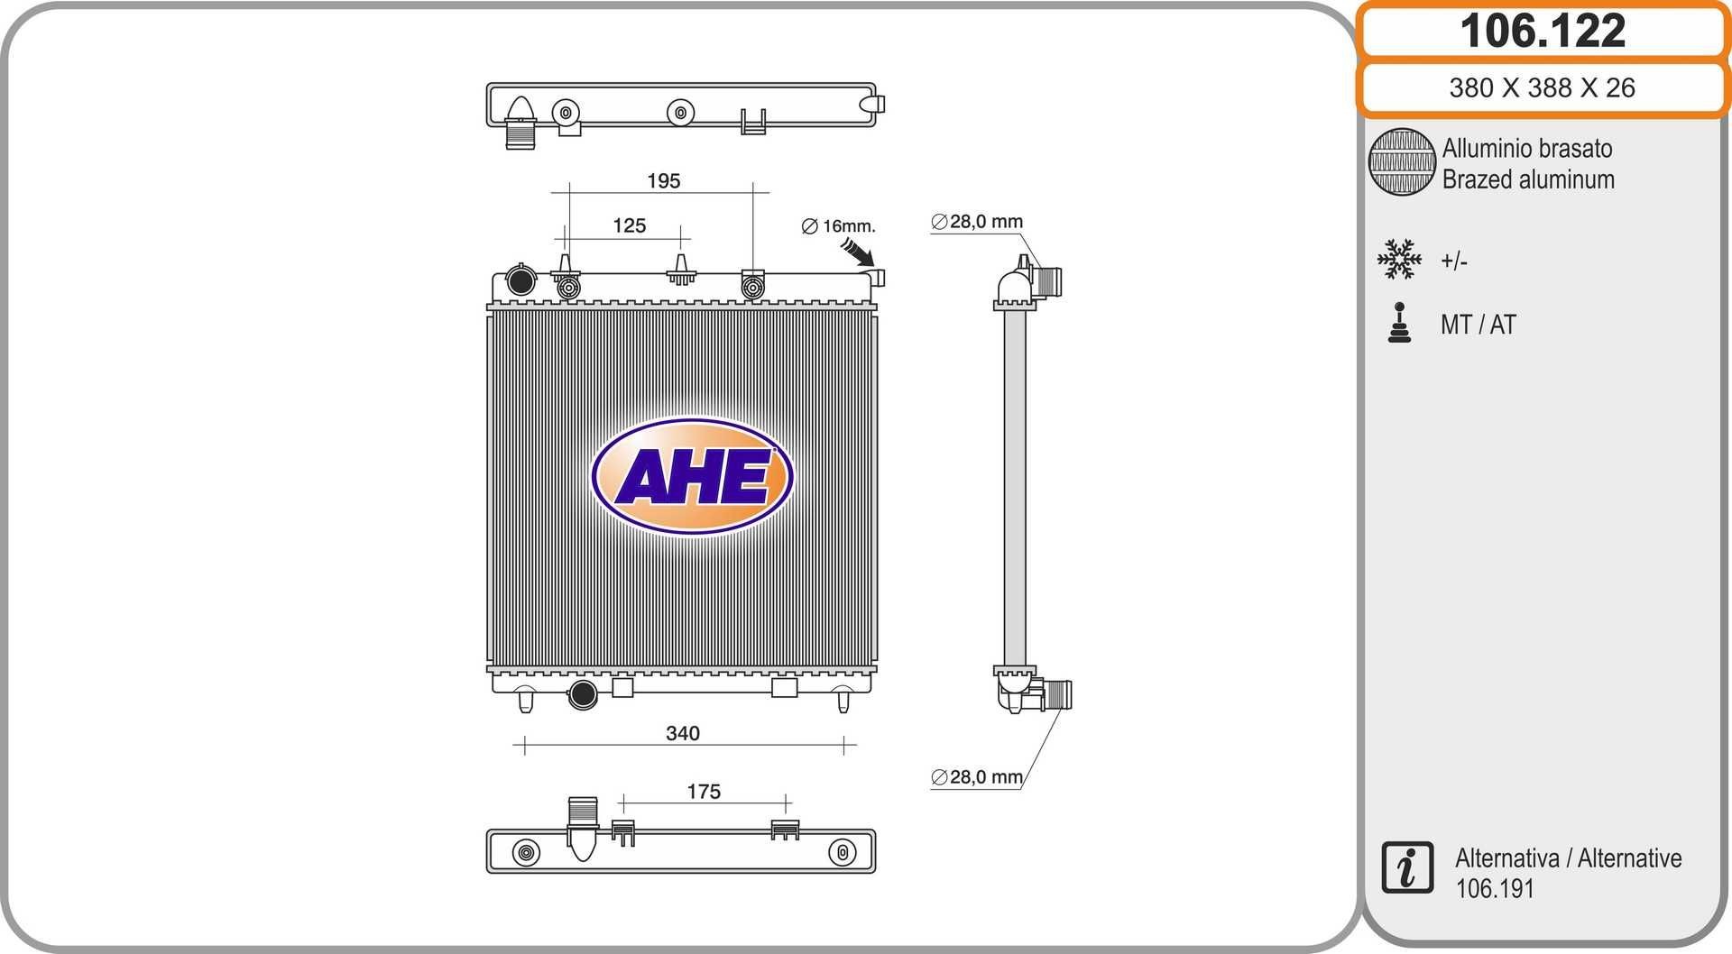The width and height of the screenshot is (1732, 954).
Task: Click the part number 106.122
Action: (1542, 31)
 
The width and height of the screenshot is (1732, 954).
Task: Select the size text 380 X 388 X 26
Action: (1542, 87)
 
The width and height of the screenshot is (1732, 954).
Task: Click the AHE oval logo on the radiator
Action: (692, 476)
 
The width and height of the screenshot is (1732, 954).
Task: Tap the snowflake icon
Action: (1398, 260)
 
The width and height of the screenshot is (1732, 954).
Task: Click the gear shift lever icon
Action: (1399, 323)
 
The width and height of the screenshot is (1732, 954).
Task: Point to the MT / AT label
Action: (1478, 325)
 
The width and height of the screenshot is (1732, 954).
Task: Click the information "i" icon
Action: (1406, 867)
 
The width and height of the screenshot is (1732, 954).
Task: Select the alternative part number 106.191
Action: (1494, 889)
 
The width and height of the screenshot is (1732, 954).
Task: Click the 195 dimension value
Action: (663, 181)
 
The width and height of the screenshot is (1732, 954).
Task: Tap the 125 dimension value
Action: (629, 225)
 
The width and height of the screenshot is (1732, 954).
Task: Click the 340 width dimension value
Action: (682, 734)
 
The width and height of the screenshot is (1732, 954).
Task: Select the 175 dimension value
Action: (703, 792)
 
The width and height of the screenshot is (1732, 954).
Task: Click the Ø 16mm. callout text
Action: (838, 225)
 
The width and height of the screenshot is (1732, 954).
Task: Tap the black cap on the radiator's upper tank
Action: (521, 280)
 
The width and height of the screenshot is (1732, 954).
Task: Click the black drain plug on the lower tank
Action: (583, 694)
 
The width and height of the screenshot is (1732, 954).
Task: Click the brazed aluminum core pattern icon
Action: (1401, 162)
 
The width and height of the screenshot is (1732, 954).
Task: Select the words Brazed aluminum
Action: (1527, 179)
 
